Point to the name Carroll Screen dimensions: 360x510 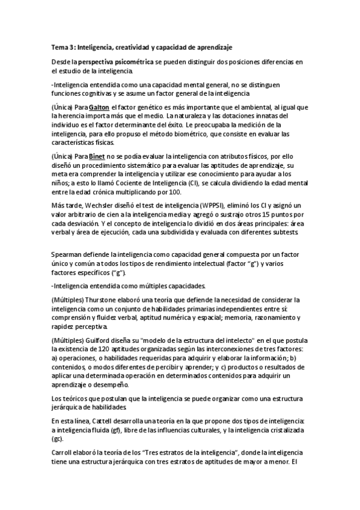(x=63, y=451)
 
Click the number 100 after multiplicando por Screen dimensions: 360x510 (x=173, y=191)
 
